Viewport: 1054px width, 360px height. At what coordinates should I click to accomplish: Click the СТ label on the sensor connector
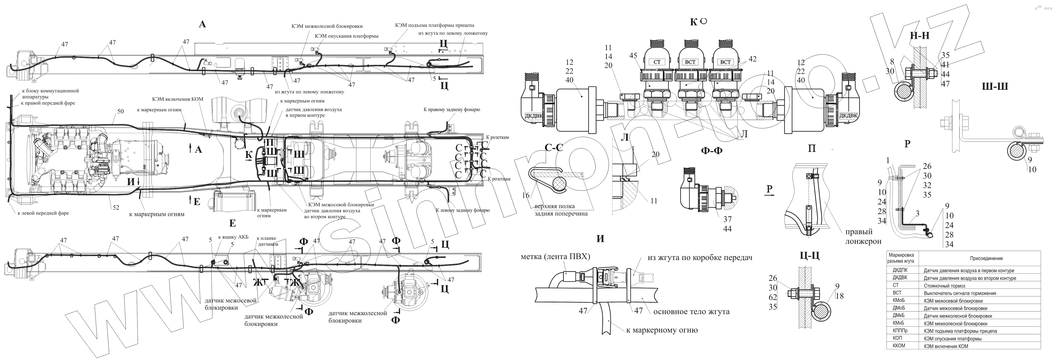coord(657,62)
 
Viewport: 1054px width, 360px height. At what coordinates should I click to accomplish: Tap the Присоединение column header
coord(986,258)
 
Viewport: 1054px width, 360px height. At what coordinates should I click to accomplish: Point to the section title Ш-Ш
coord(995,86)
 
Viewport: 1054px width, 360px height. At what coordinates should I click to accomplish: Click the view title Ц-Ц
coord(809,256)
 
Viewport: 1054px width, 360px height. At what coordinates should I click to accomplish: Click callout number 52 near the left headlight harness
coord(116,207)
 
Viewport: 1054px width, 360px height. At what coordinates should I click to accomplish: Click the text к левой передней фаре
coord(43,213)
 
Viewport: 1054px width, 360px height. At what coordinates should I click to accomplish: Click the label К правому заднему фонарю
coord(452,110)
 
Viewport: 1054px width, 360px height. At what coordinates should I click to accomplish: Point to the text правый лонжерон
coord(863,236)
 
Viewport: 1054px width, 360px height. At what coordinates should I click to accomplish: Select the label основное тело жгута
coord(692,312)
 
